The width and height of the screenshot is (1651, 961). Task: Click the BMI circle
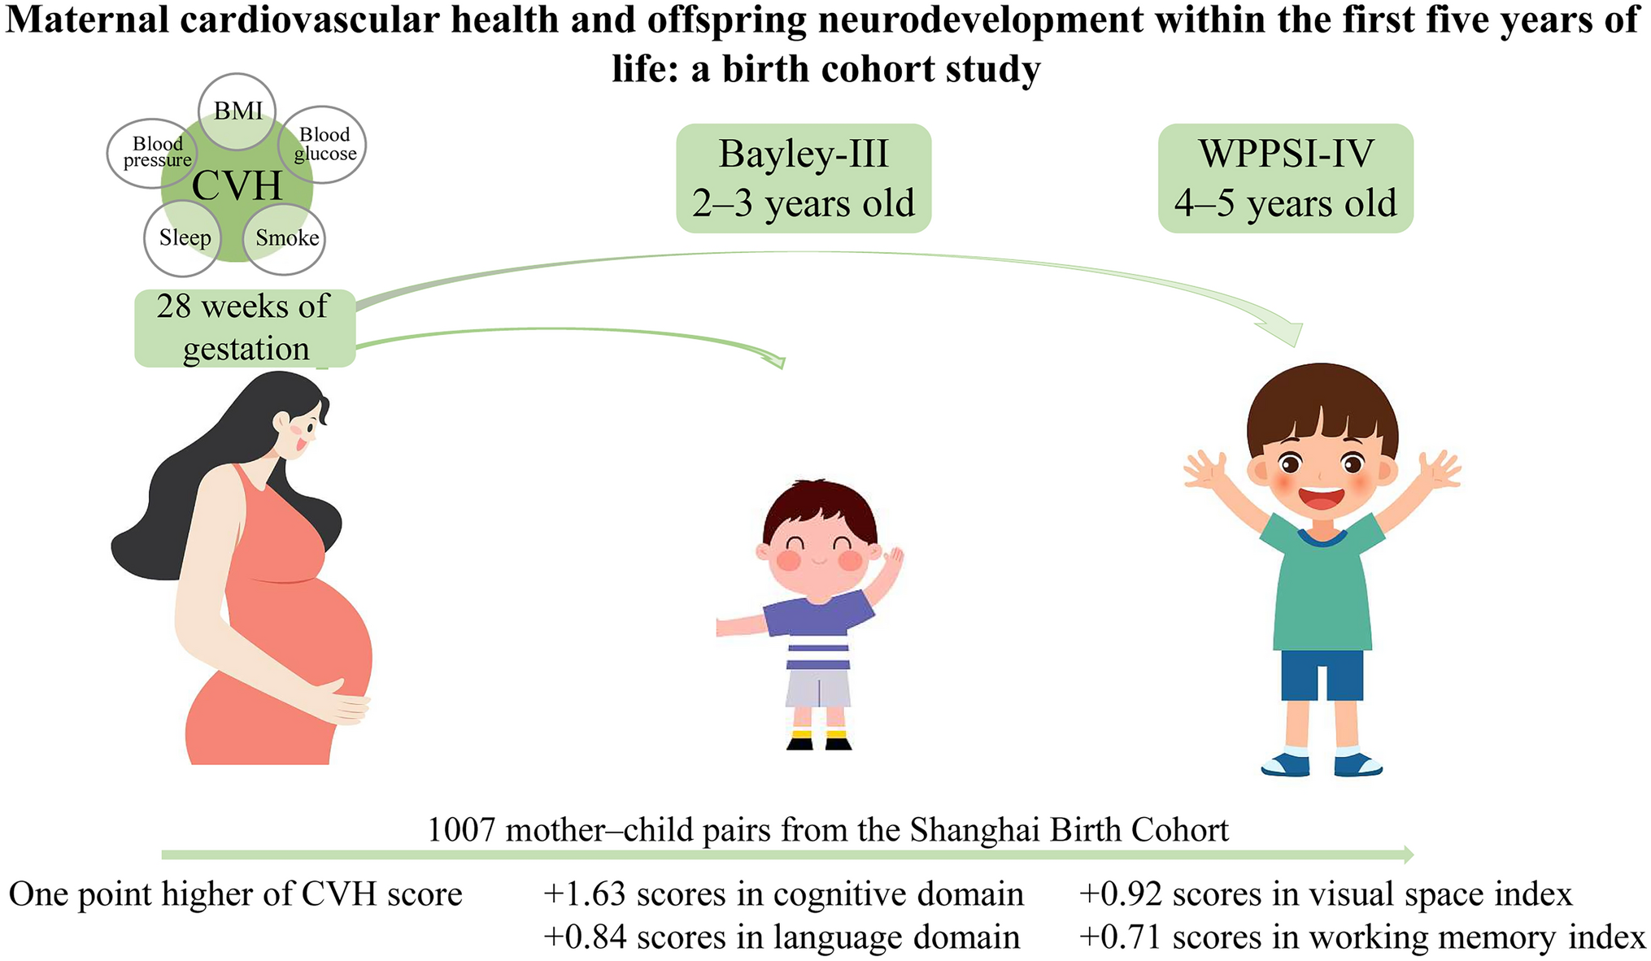tap(237, 111)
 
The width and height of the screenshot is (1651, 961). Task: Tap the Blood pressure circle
tap(154, 152)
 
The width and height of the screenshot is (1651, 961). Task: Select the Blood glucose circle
tap(324, 145)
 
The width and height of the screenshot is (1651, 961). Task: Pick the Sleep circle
tap(184, 238)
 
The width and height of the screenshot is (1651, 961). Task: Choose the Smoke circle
tap(285, 238)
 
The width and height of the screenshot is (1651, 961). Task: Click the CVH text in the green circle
tap(237, 186)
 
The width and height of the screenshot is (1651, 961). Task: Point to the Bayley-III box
tap(804, 178)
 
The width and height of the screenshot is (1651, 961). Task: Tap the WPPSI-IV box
tap(1285, 178)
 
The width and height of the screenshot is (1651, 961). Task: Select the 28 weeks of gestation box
tap(245, 328)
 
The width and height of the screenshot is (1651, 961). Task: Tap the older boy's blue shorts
tap(1322, 675)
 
